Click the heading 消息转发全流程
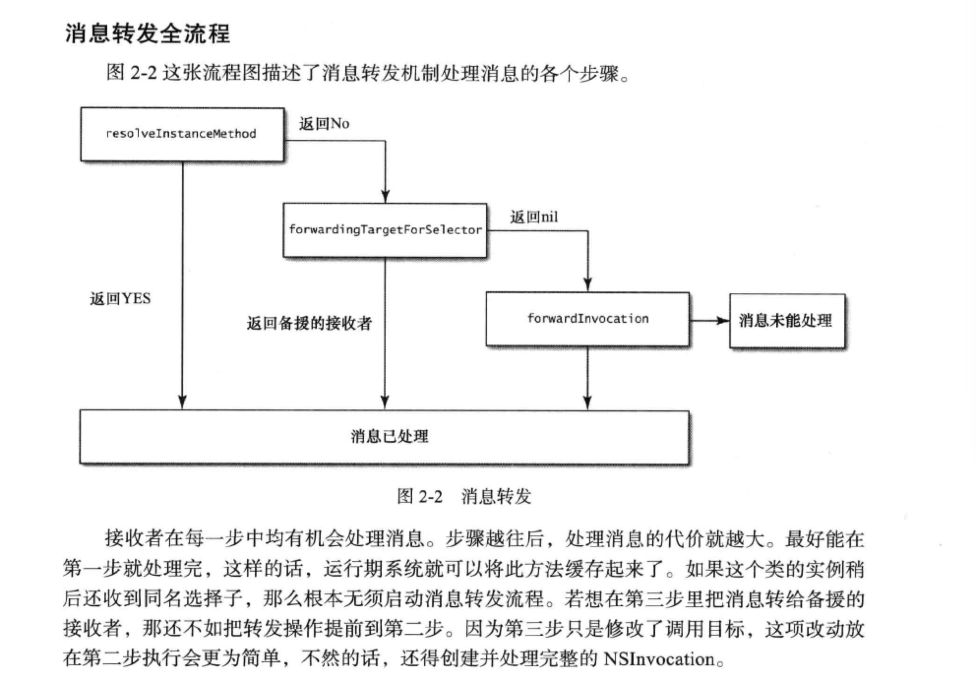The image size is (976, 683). coord(147,33)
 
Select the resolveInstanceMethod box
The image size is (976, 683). coord(182,134)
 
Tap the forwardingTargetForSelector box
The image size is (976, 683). coord(385,230)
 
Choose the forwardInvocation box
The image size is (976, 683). coord(587,319)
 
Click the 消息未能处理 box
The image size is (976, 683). coord(786,321)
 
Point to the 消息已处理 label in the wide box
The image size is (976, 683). coord(389,436)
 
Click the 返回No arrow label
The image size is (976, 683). coord(324,124)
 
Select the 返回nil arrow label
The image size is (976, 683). coord(534,217)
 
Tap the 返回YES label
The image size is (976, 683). coord(120,299)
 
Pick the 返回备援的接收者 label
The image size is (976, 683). coord(309,323)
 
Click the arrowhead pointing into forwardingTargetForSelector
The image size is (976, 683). coord(385,196)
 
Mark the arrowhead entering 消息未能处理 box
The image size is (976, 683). coord(722,321)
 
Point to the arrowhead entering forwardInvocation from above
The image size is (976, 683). coord(588,284)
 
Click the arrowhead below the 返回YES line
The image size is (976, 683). coord(183,402)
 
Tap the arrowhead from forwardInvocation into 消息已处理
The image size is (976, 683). coord(587,402)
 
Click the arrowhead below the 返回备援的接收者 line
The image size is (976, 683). coord(385,402)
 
